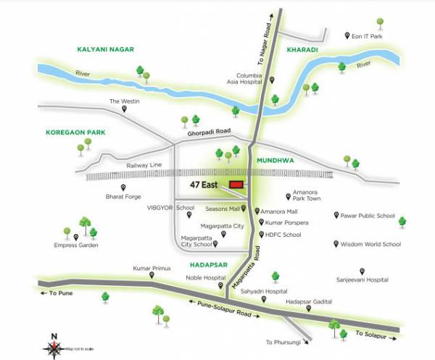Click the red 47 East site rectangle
coord(236,185)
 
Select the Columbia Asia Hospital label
coord(252,78)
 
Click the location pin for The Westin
coord(124,109)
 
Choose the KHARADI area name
coord(302,50)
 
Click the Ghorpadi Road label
coord(208,131)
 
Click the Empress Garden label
coord(76,245)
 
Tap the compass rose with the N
coord(56,346)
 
